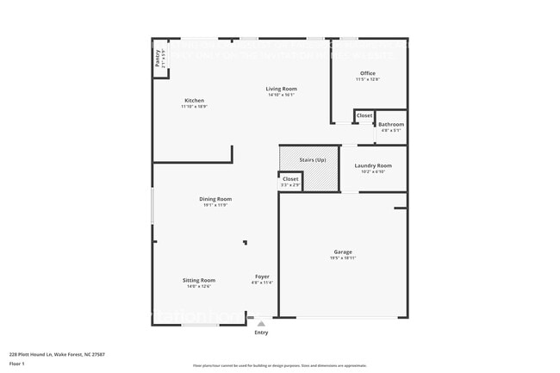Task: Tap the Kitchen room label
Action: [194, 101]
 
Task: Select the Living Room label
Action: [281, 89]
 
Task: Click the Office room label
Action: [368, 73]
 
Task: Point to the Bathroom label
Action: [391, 125]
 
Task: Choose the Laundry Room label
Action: [373, 165]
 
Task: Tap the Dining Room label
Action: [215, 199]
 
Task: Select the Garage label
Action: [343, 252]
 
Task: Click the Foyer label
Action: [262, 277]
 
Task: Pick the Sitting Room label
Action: [199, 280]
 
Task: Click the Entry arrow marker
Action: [261, 324]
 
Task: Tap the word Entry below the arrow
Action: [261, 333]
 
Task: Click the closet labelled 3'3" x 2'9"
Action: [290, 182]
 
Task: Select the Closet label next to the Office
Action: [364, 115]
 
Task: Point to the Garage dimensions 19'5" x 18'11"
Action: [343, 258]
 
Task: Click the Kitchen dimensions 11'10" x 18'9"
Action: [194, 107]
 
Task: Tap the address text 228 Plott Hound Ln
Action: [48, 353]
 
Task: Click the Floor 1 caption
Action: [17, 364]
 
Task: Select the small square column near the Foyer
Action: [245, 243]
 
